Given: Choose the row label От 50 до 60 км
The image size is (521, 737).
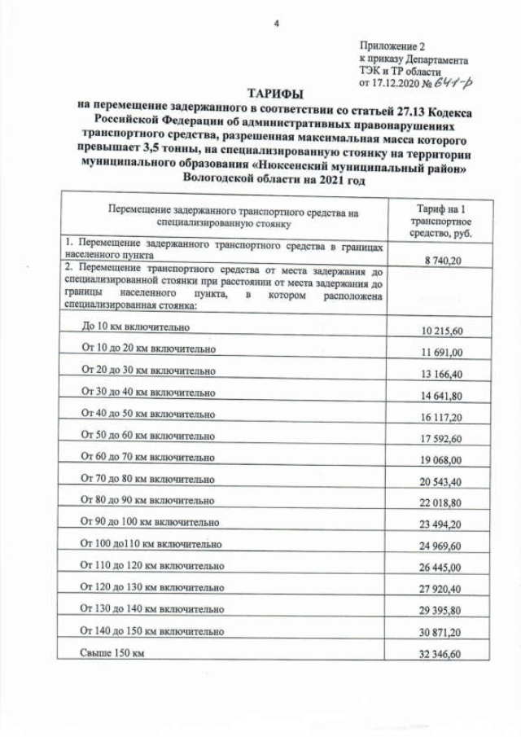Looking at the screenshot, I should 148,435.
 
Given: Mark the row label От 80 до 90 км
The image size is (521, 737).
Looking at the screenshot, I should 148,499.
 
